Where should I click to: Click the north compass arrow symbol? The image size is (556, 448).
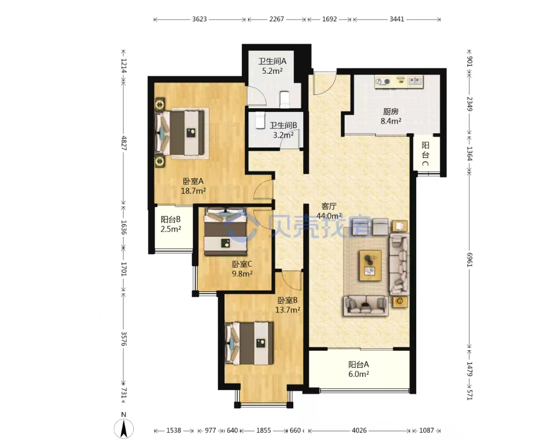point(124,428)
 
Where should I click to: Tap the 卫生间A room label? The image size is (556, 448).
point(272,61)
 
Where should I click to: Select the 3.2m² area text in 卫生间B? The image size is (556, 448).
point(283,135)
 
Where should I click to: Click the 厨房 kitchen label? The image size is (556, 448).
point(391,112)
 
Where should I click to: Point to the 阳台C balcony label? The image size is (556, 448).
point(425,154)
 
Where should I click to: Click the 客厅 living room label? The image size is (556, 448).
point(329,207)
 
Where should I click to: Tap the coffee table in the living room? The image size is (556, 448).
point(370,266)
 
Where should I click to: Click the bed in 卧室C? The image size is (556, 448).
point(226,231)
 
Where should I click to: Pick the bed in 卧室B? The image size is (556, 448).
point(250,343)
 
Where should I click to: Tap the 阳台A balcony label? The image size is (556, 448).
point(358,364)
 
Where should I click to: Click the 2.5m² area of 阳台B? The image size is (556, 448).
point(170,229)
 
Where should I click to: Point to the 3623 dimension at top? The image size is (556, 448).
point(199,19)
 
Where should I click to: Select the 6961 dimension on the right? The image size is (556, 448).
point(470,260)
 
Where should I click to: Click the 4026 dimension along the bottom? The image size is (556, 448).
point(359,431)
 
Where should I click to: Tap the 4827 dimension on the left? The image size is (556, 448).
point(124,143)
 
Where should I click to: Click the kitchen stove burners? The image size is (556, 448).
point(383,81)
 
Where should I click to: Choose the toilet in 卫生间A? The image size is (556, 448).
point(285,99)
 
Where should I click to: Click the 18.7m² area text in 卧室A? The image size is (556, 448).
point(193,191)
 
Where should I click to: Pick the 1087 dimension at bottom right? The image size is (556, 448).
point(426,431)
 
